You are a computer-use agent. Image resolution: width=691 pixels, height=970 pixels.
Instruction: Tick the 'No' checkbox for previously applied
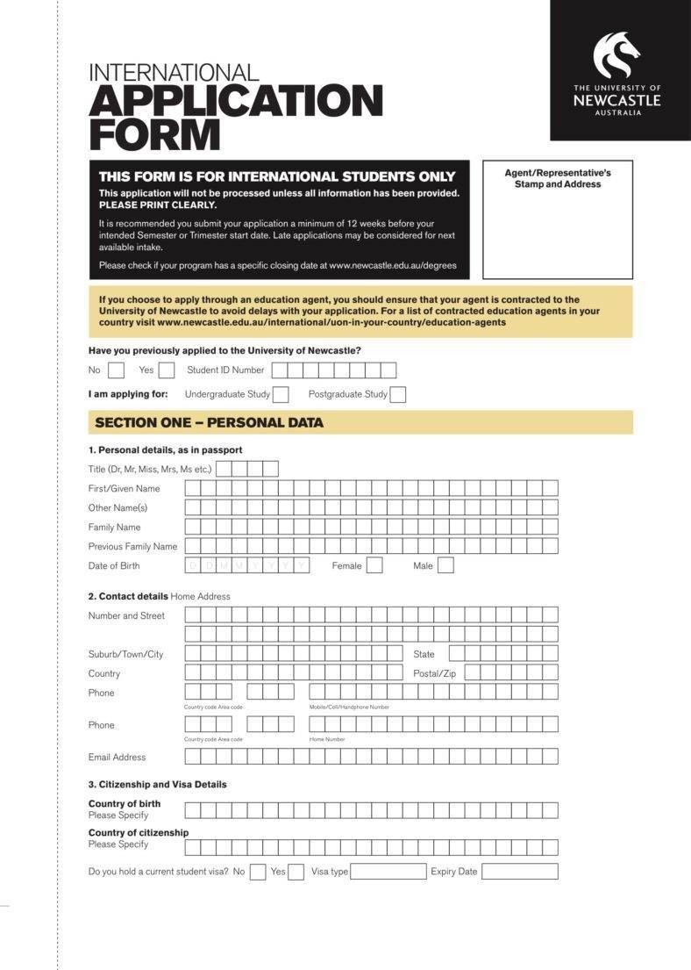tap(116, 370)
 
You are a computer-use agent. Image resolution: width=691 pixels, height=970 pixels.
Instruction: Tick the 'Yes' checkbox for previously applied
tap(167, 370)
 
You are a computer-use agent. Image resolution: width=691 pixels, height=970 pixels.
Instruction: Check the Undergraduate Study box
tap(281, 394)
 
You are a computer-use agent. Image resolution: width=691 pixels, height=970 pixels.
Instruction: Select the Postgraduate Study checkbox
tap(398, 394)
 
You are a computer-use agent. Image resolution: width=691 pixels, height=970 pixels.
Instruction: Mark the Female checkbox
tap(374, 565)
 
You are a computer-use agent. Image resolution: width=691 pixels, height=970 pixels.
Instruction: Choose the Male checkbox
tap(445, 565)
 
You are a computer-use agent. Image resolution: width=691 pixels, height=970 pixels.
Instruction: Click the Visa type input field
tap(388, 872)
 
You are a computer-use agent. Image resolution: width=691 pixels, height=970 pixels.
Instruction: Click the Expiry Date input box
tap(519, 872)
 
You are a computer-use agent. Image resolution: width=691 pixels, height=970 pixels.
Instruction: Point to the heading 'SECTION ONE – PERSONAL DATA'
tap(209, 422)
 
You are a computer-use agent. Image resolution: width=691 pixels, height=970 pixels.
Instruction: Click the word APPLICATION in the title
tap(236, 101)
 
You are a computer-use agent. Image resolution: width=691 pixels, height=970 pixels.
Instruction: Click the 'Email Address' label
tap(117, 757)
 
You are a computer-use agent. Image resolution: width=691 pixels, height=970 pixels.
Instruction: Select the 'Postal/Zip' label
tap(434, 673)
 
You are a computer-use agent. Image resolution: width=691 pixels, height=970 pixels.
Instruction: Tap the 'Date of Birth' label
tap(114, 566)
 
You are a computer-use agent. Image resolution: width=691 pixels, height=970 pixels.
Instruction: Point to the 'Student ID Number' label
tap(225, 370)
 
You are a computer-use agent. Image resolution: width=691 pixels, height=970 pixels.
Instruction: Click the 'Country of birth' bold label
tap(125, 804)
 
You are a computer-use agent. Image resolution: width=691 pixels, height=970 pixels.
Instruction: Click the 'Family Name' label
tap(114, 528)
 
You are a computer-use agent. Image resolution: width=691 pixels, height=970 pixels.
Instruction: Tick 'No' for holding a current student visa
tap(258, 872)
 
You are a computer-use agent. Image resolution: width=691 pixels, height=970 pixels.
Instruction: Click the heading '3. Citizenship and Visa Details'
tap(157, 785)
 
